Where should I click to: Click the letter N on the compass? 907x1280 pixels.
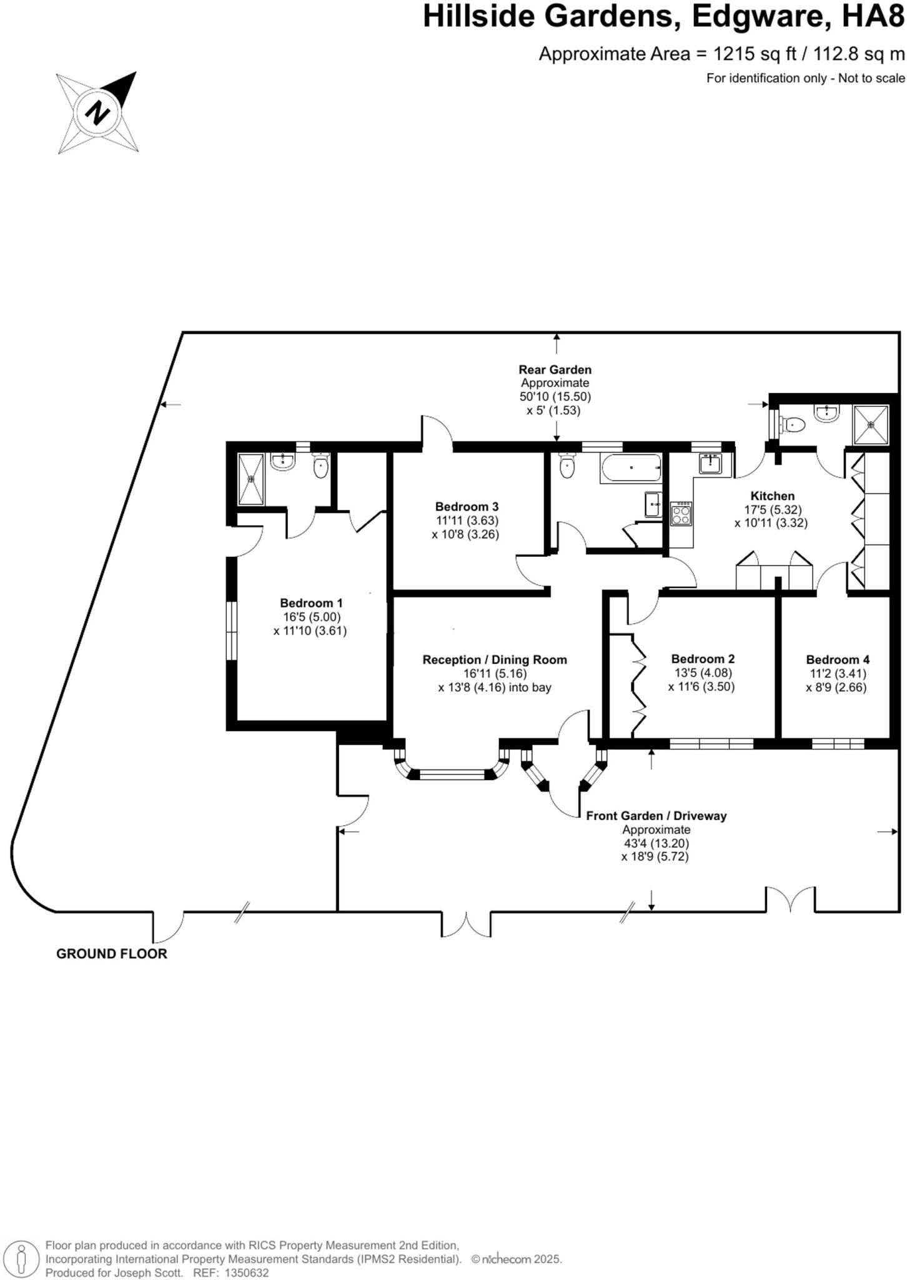pyautogui.click(x=97, y=113)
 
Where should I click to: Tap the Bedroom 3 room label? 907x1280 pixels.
pyautogui.click(x=467, y=506)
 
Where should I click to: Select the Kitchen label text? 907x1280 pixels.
pyautogui.click(x=772, y=496)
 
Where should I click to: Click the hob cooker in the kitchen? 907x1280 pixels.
pyautogui.click(x=681, y=514)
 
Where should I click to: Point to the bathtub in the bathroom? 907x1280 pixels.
pyautogui.click(x=630, y=467)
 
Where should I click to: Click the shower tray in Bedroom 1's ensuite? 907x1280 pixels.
pyautogui.click(x=252, y=479)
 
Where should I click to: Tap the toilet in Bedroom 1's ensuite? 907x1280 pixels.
pyautogui.click(x=320, y=466)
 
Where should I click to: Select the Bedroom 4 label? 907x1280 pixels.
pyautogui.click(x=837, y=659)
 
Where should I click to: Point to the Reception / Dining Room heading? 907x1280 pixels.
pyautogui.click(x=495, y=659)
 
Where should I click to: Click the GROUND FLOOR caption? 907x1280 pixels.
pyautogui.click(x=112, y=954)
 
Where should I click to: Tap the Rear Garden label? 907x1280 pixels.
pyautogui.click(x=555, y=370)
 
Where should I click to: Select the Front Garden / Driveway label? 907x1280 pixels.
pyautogui.click(x=656, y=816)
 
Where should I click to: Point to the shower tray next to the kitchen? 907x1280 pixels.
pyautogui.click(x=871, y=424)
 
